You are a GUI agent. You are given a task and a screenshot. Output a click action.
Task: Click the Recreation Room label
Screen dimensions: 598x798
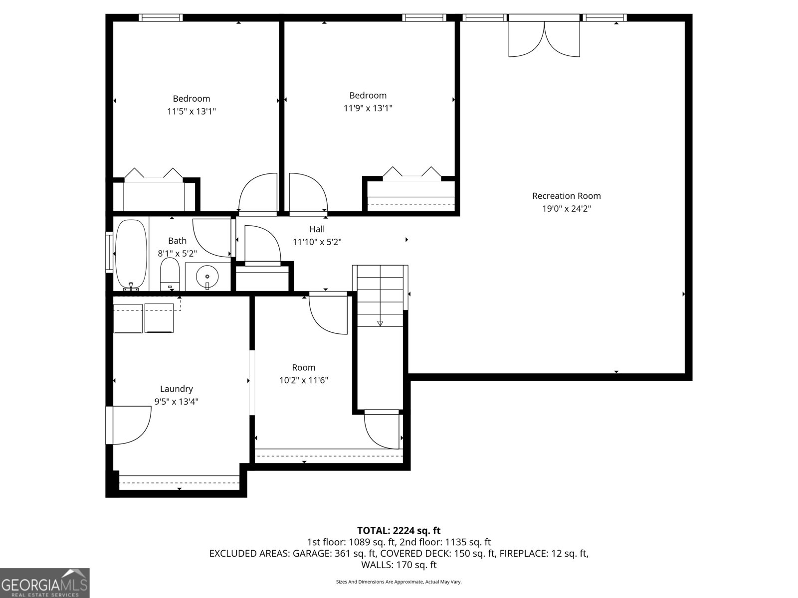(x=566, y=196)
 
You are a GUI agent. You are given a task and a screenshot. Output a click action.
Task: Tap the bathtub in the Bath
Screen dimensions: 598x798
(x=131, y=254)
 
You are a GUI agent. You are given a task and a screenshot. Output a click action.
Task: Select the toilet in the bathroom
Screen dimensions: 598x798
(x=170, y=274)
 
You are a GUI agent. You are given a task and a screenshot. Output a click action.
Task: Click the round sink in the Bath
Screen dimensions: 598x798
(x=207, y=276)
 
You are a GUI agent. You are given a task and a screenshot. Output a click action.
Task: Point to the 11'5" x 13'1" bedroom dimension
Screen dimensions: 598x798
(x=191, y=111)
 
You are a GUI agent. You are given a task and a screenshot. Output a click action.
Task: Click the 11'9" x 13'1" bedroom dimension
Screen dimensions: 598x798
(x=368, y=108)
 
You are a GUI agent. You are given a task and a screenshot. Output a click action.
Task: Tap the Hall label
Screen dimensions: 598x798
(x=317, y=229)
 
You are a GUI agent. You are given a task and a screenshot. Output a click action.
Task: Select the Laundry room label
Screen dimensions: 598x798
(x=176, y=389)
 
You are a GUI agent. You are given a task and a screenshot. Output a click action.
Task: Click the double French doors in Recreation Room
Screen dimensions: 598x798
(x=544, y=37)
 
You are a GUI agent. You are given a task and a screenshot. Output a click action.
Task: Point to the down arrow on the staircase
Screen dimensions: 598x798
(x=380, y=323)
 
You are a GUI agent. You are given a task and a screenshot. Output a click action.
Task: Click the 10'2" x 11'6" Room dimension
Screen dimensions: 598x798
(x=303, y=380)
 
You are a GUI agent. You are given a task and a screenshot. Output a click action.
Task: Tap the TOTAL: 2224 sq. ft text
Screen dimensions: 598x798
(x=399, y=531)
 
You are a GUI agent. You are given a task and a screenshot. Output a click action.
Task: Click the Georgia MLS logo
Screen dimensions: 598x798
(x=45, y=583)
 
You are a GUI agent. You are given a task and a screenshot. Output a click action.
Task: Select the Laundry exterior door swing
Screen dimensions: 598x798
(x=131, y=425)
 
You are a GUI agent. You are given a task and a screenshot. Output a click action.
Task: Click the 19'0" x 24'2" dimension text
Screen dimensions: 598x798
(x=566, y=209)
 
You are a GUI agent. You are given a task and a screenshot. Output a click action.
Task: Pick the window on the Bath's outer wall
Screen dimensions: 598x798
(x=109, y=252)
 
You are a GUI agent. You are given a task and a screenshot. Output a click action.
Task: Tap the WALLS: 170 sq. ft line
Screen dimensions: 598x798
(x=399, y=565)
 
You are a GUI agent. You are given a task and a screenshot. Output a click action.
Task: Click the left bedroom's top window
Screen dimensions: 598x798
(x=161, y=17)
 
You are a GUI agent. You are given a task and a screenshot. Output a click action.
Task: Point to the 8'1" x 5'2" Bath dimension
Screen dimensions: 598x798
(x=177, y=253)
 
